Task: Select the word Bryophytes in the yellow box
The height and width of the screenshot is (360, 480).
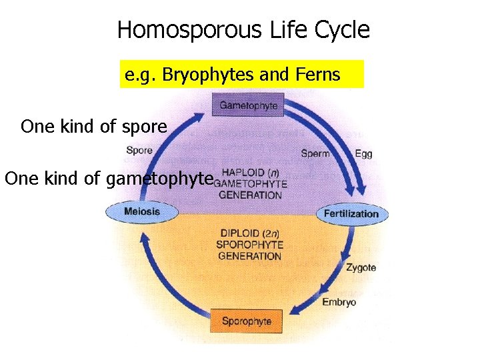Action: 203,75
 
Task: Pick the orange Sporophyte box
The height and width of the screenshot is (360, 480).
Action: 246,321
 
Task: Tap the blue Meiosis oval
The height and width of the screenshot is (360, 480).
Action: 142,212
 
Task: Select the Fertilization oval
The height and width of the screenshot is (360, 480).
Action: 351,214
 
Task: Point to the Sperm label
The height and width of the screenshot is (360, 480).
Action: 315,154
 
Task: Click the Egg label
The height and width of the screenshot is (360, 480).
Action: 363,154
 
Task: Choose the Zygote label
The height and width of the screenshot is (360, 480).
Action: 361,267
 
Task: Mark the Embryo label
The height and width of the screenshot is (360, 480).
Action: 339,301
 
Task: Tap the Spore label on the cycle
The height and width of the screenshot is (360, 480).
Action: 139,151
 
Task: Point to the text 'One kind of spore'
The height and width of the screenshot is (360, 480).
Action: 94,127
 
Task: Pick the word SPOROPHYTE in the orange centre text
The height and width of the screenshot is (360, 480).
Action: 250,245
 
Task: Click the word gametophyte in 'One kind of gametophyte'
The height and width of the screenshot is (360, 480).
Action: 159,179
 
